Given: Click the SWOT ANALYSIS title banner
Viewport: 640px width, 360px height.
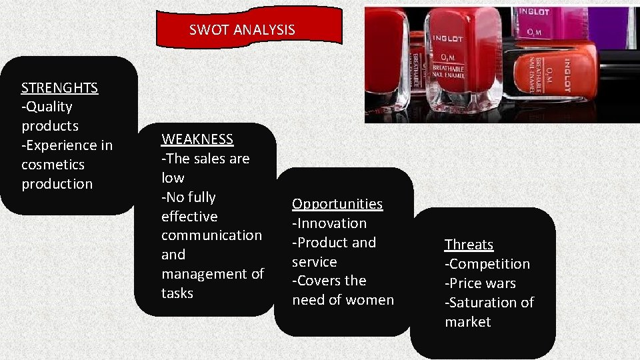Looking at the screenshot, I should pyautogui.click(x=250, y=29).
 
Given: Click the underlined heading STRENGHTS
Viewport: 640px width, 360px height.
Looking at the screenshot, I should pyautogui.click(x=59, y=87).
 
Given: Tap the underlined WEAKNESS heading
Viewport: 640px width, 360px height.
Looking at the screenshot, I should pyautogui.click(x=197, y=139).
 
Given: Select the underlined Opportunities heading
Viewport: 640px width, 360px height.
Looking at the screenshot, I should pyautogui.click(x=337, y=204).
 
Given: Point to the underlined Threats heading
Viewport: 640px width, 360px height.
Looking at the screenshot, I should pyautogui.click(x=469, y=245).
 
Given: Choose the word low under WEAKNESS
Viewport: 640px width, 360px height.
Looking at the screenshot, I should pyautogui.click(x=173, y=178).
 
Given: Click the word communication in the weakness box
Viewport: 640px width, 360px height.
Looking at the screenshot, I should pyautogui.click(x=211, y=235).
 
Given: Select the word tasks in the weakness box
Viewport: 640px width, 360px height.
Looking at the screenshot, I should pyautogui.click(x=177, y=293).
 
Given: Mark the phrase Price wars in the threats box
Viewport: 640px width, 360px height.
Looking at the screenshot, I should pyautogui.click(x=482, y=283).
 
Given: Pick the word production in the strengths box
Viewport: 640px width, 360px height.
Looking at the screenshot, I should pyautogui.click(x=57, y=183).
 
